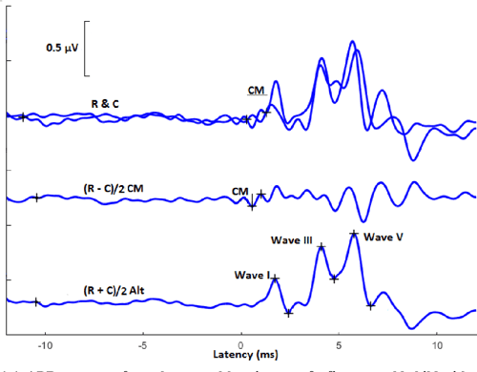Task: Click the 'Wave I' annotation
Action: (x=250, y=275)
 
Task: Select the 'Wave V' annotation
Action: (x=383, y=236)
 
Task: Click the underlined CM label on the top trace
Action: (x=256, y=91)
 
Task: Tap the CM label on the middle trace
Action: (x=239, y=191)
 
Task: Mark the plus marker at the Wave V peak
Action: (x=354, y=234)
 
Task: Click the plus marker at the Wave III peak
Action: (x=321, y=247)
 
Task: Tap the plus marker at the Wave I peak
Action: (x=276, y=279)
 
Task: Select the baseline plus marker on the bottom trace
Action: (x=36, y=302)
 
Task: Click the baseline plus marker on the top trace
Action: (x=23, y=116)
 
